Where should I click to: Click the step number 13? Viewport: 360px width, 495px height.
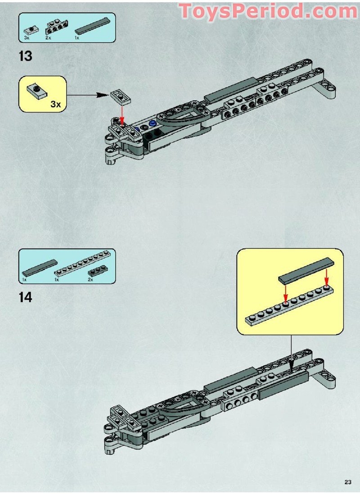pyautogui.click(x=26, y=56)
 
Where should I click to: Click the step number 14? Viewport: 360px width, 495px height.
pyautogui.click(x=26, y=297)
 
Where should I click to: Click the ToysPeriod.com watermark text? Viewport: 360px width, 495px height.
pyautogui.click(x=268, y=11)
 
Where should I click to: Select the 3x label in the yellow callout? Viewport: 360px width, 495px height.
pyautogui.click(x=56, y=104)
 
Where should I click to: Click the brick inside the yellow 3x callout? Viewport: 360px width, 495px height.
pyautogui.click(x=36, y=91)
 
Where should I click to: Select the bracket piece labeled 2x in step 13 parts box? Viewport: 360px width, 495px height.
pyautogui.click(x=57, y=27)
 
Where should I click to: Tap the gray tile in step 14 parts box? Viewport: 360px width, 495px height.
pyautogui.click(x=40, y=268)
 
